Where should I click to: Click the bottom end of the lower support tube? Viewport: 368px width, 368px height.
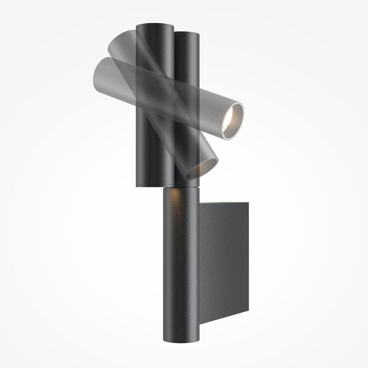182,339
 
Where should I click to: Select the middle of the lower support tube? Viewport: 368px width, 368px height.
182,264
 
